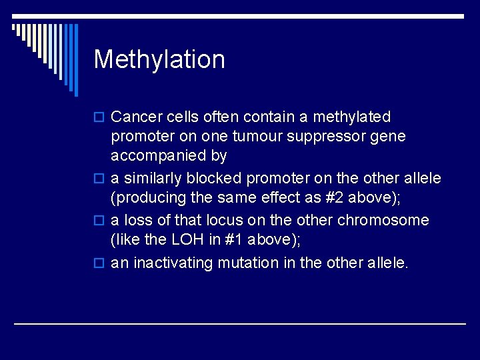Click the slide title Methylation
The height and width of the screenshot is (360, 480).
pyautogui.click(x=159, y=59)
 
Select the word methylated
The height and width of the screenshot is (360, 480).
pyautogui.click(x=352, y=117)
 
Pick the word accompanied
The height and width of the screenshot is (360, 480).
pyautogui.click(x=159, y=156)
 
